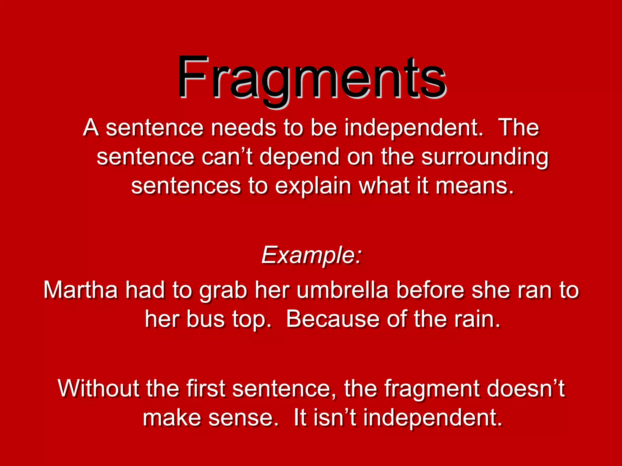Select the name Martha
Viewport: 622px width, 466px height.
point(80,290)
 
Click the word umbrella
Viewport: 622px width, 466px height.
point(342,290)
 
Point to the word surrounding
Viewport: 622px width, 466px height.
point(485,157)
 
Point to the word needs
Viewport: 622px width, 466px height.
point(243,128)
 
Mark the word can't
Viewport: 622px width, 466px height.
point(227,157)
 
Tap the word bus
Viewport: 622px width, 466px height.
point(205,319)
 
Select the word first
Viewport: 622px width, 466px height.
point(206,388)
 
